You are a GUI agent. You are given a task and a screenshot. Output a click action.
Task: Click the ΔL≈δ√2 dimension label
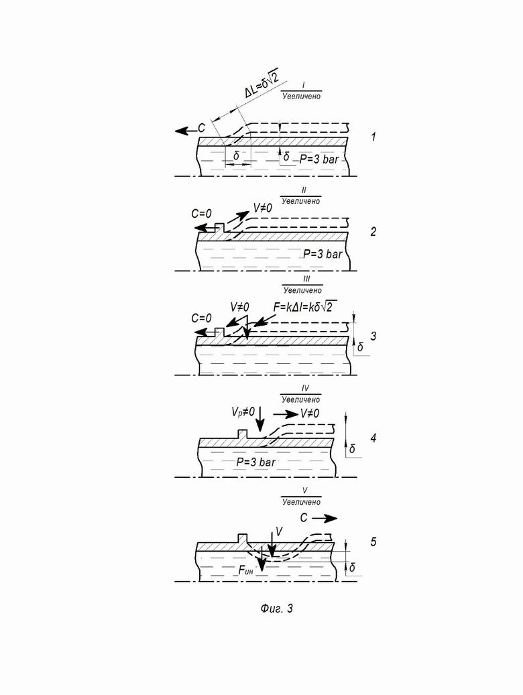(x=261, y=82)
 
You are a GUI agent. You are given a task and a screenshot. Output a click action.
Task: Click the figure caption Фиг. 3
(x=277, y=608)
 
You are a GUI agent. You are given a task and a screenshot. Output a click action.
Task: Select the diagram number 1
(x=373, y=137)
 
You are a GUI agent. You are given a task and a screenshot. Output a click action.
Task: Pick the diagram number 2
(x=373, y=231)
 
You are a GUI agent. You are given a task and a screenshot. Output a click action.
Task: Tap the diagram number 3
(x=373, y=336)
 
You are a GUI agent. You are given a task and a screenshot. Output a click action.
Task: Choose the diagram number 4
(x=373, y=438)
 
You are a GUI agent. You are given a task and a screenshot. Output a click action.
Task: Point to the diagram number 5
(x=373, y=542)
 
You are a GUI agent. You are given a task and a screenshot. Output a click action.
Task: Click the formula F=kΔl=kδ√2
(x=305, y=306)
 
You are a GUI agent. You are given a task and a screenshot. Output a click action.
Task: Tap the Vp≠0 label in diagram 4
(x=243, y=412)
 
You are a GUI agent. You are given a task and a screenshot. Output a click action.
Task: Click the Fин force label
(x=246, y=570)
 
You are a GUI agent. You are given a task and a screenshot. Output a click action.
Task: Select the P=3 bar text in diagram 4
(x=255, y=462)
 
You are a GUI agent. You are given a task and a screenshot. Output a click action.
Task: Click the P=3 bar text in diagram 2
(x=323, y=254)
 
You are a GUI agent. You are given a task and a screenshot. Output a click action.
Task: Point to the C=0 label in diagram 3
(x=201, y=318)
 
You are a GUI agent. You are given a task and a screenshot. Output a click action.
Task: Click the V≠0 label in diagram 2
(x=263, y=208)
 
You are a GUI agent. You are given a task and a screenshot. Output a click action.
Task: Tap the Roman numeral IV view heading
(x=305, y=388)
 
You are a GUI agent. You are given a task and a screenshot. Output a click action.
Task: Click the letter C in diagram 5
(x=304, y=517)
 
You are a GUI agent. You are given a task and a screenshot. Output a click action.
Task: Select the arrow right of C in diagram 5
(x=325, y=518)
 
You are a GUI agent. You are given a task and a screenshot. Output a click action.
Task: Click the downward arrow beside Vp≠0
(x=260, y=418)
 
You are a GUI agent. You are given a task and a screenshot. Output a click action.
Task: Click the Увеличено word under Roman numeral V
(x=301, y=502)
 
